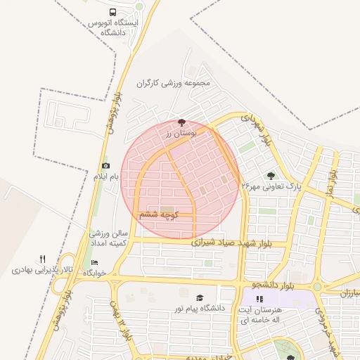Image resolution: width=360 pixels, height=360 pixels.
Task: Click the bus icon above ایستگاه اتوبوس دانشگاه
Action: coord(113,12)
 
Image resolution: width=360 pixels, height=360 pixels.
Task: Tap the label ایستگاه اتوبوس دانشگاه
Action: coord(113,27)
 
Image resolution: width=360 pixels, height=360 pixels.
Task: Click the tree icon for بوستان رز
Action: coord(183,122)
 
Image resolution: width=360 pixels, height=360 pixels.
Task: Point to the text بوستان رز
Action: coord(183,133)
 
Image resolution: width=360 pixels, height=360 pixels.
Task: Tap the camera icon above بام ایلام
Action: coord(105,165)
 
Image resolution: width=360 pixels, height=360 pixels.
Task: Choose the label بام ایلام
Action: coord(105,176)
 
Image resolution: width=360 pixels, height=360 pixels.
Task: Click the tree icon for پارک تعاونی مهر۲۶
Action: coord(271,176)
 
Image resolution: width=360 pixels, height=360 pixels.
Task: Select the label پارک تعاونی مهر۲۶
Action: coord(271,186)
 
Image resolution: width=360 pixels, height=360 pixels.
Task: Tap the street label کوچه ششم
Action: coord(157,214)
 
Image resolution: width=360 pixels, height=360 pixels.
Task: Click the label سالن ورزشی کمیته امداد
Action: coord(107,237)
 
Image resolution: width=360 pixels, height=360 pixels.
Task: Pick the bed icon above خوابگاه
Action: coord(95,263)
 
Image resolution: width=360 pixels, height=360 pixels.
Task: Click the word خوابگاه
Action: coord(95,273)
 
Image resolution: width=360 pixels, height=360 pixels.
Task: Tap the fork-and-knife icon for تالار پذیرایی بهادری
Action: coord(43,259)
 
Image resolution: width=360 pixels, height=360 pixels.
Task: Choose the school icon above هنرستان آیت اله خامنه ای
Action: coord(259,299)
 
